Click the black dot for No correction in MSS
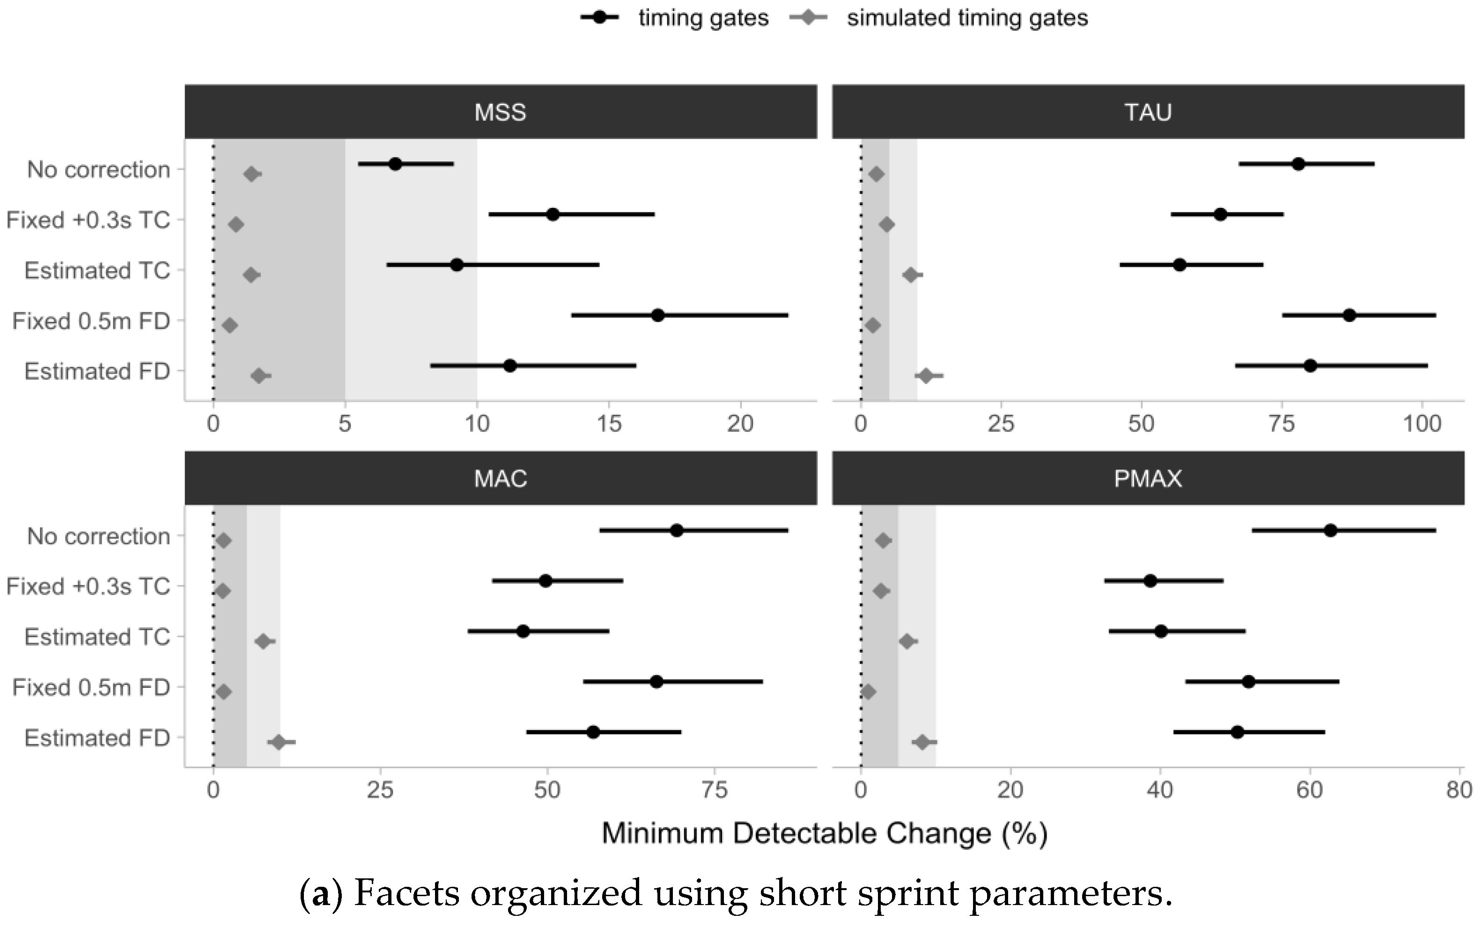click(395, 164)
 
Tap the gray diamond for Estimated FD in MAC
click(279, 743)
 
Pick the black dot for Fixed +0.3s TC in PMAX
click(1150, 581)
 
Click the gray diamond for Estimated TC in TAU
click(911, 275)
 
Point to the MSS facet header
click(500, 112)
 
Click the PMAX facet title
click(1148, 479)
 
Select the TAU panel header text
click(1148, 112)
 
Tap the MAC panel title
click(500, 479)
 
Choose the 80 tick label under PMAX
click(1459, 790)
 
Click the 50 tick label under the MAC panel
click(547, 790)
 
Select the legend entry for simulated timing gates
click(966, 18)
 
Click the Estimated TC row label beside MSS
click(97, 271)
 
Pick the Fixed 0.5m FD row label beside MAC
click(91, 687)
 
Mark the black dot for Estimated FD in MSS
click(509, 366)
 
